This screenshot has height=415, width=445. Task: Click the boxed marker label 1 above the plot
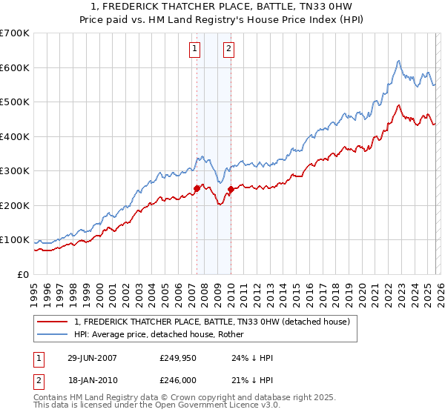(194, 50)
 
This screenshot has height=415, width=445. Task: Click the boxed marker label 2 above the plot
(228, 50)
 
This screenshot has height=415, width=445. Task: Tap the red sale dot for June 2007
(197, 188)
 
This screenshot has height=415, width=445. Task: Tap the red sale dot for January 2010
(231, 190)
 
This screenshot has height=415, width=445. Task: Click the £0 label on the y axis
(22, 275)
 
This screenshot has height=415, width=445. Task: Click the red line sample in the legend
(53, 322)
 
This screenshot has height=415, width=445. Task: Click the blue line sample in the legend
(53, 334)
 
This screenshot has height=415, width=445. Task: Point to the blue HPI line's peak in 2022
(399, 61)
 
